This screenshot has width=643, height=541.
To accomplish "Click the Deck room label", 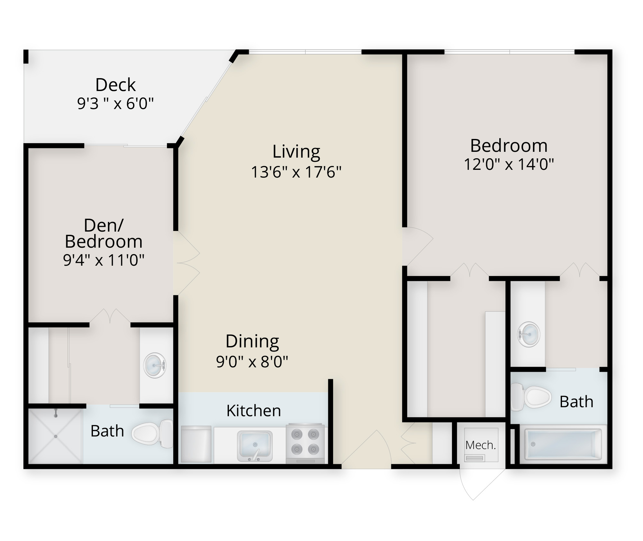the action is coord(115,85).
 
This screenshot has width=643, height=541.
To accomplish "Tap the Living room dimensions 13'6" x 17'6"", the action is coord(296,172).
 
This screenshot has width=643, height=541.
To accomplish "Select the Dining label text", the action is coord(252,342).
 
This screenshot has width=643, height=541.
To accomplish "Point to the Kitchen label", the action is coord(254,411).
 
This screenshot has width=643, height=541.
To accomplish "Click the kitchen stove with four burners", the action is coord(305,444).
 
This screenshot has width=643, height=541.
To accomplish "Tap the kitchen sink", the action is coord(255,446).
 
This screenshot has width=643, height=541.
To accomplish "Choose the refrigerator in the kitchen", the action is coord(196,444).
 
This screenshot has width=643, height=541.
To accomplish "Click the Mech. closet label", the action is coord(481,445).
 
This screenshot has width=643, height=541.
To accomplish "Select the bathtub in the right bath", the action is coord(563,444).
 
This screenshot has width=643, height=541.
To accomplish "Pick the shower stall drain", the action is coord(56,436).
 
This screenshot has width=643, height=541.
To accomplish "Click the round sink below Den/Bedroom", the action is coord(155,365).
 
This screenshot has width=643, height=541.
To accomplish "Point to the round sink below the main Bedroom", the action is coord(529,335).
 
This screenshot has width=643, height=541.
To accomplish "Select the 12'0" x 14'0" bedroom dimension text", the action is coord(509,164).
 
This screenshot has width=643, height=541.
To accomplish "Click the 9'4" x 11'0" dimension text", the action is coord(104,260).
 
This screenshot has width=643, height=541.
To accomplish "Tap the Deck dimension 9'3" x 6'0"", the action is coord(115,104).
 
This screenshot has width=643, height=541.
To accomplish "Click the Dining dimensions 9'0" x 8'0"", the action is coord(252,362).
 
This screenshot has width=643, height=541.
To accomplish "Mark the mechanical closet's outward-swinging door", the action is coord(482,482).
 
